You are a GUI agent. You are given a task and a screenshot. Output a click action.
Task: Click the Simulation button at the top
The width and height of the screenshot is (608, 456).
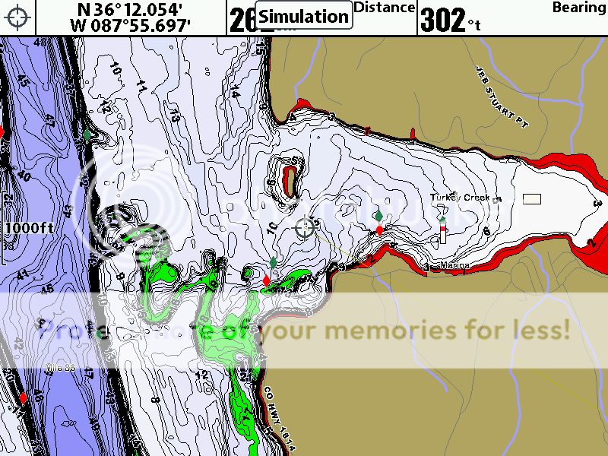tap(304, 16)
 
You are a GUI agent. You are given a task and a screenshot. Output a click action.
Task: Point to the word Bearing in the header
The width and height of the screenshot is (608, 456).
tap(578, 8)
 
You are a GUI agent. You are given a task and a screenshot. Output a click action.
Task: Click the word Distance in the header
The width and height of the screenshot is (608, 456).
tap(385, 8)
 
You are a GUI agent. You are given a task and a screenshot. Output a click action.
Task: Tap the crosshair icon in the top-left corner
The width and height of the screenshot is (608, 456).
tap(18, 17)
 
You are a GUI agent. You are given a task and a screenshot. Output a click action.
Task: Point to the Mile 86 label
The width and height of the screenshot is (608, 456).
tap(61, 368)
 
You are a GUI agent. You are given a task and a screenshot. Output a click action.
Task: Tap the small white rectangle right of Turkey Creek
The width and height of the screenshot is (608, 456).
tap(532, 199)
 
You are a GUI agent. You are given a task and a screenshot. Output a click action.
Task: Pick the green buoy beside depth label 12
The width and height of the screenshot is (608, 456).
tap(87, 134)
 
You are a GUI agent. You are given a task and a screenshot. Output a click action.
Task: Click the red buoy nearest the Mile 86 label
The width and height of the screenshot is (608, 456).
tap(23, 397)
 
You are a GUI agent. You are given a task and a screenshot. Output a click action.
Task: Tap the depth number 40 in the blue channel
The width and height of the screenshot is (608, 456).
tap(24, 176)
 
